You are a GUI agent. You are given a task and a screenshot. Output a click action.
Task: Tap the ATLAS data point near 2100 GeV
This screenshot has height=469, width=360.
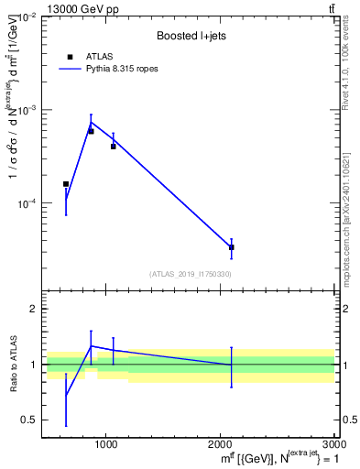231,247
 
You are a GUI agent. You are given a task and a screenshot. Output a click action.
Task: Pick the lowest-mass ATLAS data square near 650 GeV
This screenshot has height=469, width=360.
66,184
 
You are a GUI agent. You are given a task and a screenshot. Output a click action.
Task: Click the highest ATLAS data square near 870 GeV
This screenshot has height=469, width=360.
91,131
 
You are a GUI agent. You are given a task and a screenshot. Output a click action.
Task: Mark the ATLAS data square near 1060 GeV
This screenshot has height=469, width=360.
114,146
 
